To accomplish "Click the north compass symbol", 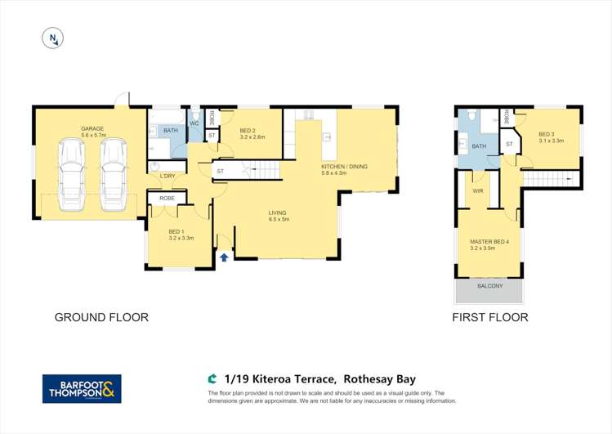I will [x=53, y=38].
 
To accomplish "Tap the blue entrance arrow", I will [x=224, y=257].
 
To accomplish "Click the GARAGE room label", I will [x=92, y=129].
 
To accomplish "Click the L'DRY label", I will [x=168, y=177].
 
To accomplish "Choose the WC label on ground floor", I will [x=194, y=123].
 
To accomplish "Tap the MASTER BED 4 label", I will [x=489, y=242].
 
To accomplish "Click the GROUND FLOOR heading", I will [x=101, y=317].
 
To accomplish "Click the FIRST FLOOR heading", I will [x=489, y=317].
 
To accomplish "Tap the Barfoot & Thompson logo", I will [x=82, y=388].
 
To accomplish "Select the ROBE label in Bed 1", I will [x=167, y=198].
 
